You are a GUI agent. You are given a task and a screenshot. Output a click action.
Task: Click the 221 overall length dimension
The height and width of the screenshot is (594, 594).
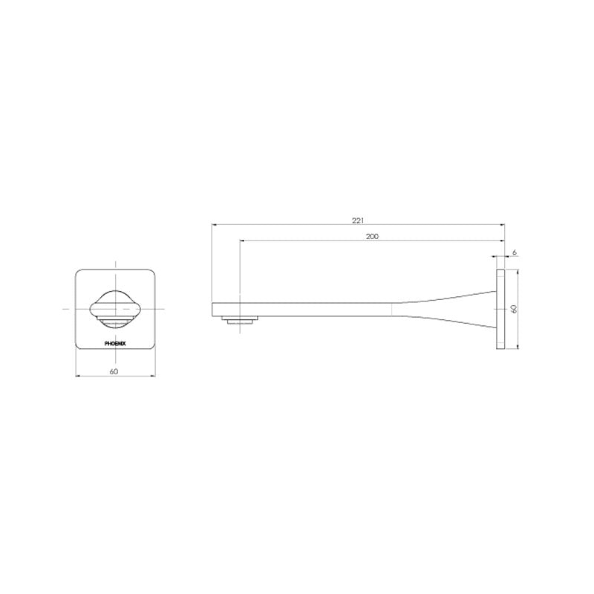coord(358,219)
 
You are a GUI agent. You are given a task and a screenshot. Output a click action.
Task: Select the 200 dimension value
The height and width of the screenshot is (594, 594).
coord(372,236)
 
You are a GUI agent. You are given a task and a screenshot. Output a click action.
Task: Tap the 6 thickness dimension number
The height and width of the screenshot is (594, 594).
coord(515,253)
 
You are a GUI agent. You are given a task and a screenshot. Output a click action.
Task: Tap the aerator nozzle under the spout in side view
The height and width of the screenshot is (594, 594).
coord(242,321)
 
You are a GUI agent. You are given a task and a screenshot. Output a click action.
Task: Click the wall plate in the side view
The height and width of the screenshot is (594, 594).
coord(500,309)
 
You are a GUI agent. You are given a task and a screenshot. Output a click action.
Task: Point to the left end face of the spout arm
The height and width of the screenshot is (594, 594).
coord(213,309)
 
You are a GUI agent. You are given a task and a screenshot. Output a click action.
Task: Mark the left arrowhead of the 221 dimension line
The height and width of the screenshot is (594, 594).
coord(214,223)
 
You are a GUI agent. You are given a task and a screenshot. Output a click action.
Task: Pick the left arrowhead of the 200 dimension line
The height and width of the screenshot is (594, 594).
coord(241,241)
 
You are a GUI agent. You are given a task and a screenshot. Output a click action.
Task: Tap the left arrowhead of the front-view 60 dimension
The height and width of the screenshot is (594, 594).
coord(77,376)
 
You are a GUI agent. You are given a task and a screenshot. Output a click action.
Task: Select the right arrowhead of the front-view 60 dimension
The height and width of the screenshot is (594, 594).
coord(156,376)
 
